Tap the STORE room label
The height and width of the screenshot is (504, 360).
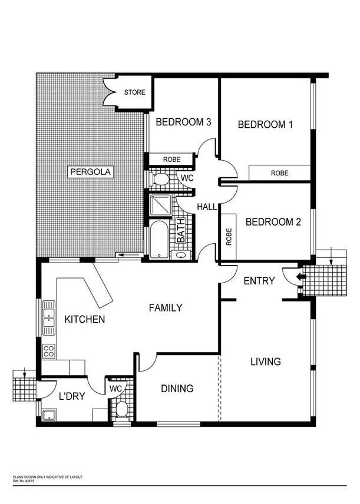[x=134, y=92]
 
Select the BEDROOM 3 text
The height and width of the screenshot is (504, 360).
[x=176, y=122]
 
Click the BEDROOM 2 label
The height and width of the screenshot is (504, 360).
[x=273, y=222]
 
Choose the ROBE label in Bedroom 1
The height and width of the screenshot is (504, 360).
[x=279, y=173]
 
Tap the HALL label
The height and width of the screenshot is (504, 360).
[x=207, y=207]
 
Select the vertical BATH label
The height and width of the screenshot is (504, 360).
[x=181, y=234]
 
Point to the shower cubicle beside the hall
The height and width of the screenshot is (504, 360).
[x=161, y=205]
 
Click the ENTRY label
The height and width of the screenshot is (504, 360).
[x=259, y=281]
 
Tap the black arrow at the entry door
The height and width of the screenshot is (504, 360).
[x=301, y=276]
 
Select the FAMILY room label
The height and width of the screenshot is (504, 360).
[x=165, y=307]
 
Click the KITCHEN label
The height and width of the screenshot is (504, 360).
[x=85, y=320]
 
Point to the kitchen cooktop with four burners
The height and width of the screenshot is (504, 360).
[x=49, y=352]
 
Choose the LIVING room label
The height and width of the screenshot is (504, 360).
[x=265, y=361]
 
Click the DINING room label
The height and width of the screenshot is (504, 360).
[x=177, y=389]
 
